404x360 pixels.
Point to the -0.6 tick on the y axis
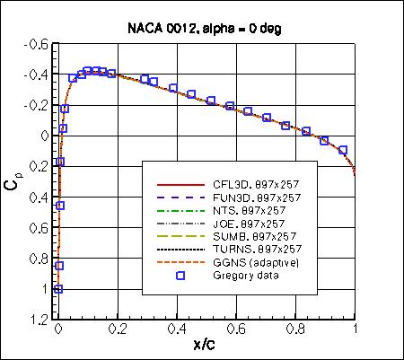[38, 44]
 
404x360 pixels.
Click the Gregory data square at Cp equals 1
[58, 288]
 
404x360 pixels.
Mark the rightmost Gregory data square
[343, 150]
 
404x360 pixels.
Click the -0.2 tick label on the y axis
[38, 105]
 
